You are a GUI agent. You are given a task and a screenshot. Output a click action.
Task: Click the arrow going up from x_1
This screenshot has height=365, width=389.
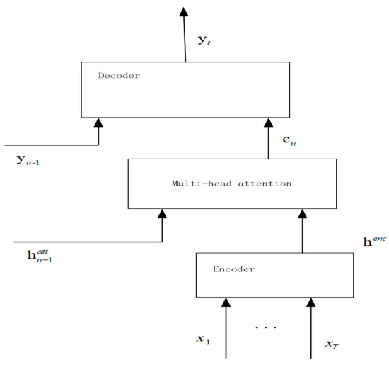226,326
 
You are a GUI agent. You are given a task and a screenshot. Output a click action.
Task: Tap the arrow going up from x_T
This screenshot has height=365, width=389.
310,326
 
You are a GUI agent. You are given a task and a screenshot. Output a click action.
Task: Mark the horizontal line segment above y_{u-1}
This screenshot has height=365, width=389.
50,145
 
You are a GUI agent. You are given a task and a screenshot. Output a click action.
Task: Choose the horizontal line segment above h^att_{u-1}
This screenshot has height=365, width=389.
81,241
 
